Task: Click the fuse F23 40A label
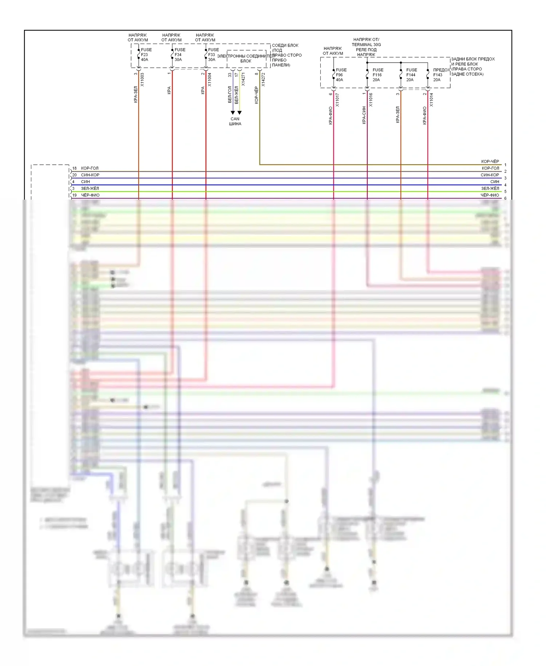[x=146, y=55]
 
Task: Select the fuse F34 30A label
[x=179, y=55]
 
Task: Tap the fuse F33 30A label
[x=213, y=55]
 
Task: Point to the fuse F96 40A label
[x=341, y=75]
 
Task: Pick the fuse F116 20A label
[x=377, y=75]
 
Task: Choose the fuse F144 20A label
[x=411, y=75]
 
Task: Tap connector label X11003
[x=142, y=79]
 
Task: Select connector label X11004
[x=209, y=79]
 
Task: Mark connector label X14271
[x=243, y=79]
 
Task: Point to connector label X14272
[x=263, y=79]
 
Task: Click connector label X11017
[x=337, y=99]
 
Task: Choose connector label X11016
[x=371, y=99]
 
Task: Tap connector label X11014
[x=431, y=99]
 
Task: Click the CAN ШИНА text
[x=235, y=121]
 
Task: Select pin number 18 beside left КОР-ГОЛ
[x=74, y=168]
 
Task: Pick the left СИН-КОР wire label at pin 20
[x=90, y=175]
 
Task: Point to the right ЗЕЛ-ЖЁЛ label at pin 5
[x=490, y=188]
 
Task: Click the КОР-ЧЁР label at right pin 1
[x=490, y=161]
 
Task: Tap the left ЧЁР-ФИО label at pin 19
[x=90, y=195]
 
